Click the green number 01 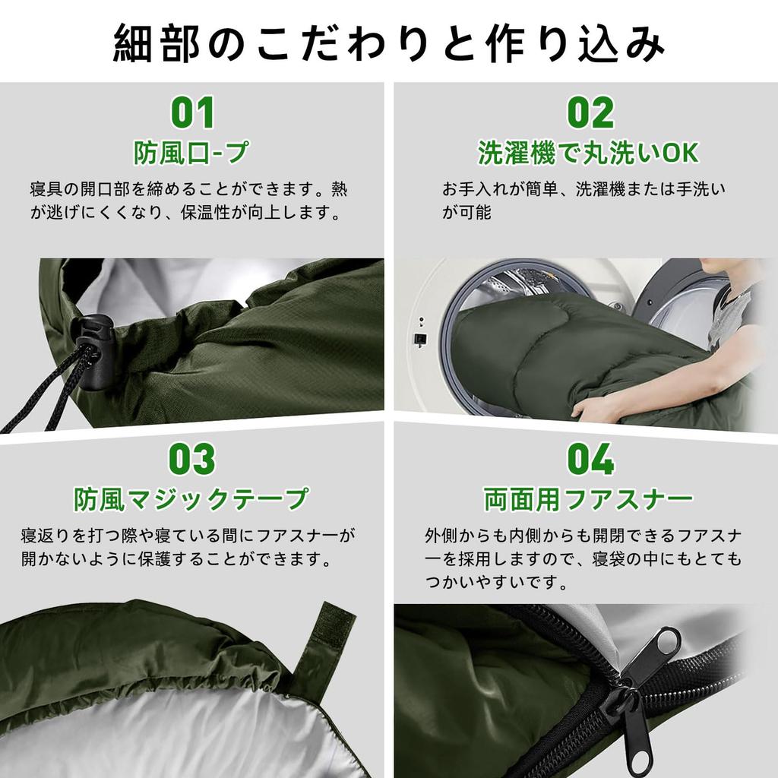tap(192, 112)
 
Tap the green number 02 tap(590, 112)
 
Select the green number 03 tap(192, 459)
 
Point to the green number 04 tap(590, 459)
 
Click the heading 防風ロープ tap(191, 153)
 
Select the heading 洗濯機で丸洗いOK tap(588, 153)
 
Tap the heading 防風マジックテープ tap(191, 499)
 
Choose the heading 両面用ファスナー tap(589, 499)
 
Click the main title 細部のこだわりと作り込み tap(389, 44)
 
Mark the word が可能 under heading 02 tap(467, 212)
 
